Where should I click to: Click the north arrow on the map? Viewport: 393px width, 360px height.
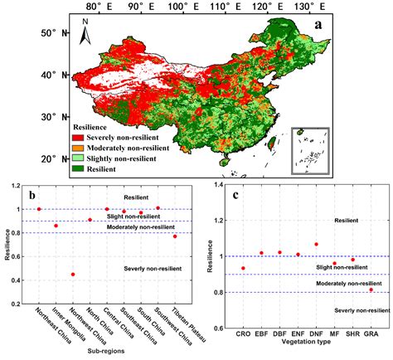85,37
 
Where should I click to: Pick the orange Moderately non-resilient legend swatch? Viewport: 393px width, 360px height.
76,146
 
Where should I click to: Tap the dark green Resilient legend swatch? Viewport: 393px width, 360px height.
76,168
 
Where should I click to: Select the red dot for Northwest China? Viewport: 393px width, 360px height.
73,275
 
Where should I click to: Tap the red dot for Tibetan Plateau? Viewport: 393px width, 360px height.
175,236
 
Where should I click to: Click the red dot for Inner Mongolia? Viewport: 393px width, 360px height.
56,226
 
